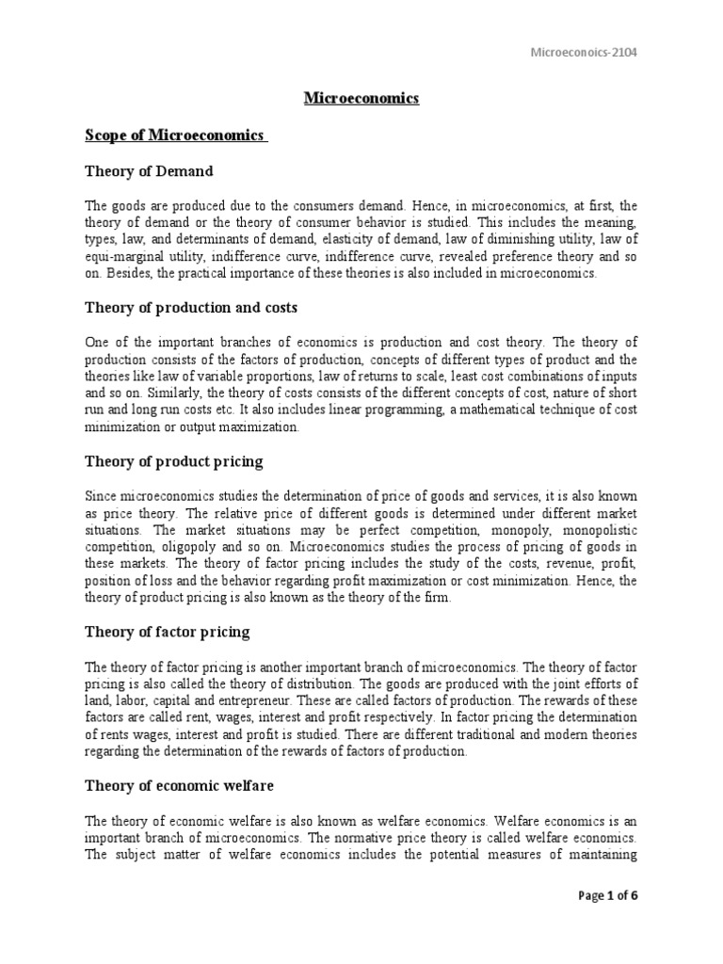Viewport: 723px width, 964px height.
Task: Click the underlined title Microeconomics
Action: tap(361, 99)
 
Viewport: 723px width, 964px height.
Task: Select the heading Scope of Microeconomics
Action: tap(176, 136)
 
